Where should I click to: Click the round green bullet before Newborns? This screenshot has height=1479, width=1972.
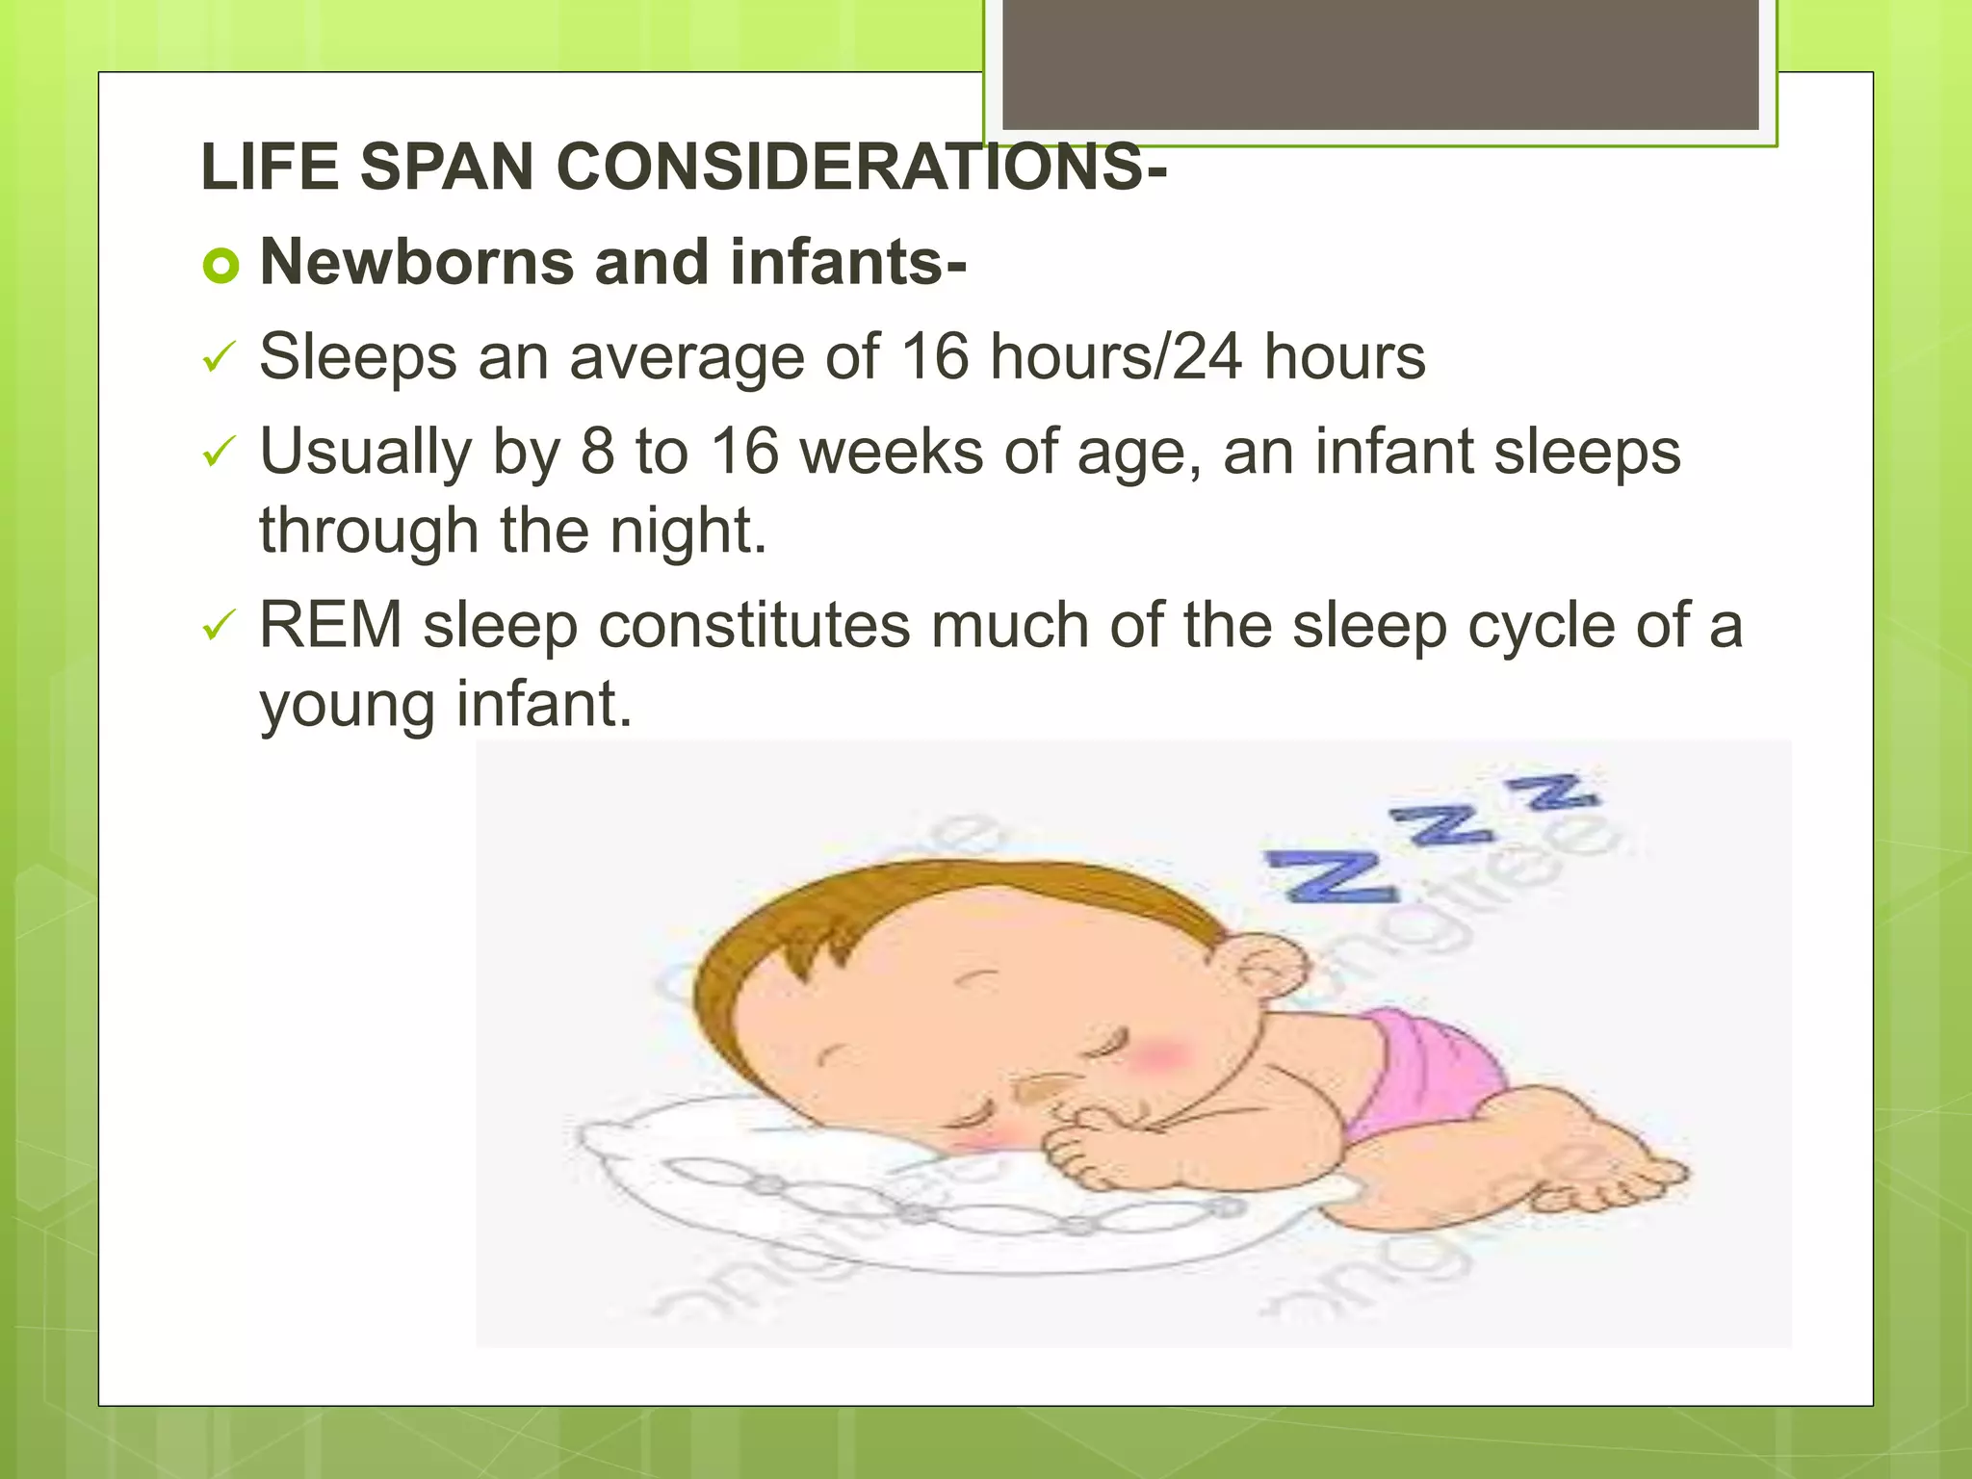(221, 266)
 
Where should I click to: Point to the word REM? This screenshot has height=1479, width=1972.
(330, 625)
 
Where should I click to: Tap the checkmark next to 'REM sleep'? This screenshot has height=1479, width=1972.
(219, 628)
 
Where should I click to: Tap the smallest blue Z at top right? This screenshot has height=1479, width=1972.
(1552, 791)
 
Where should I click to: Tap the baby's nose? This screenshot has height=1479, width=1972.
(1040, 1088)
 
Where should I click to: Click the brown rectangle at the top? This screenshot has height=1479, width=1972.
(1380, 64)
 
